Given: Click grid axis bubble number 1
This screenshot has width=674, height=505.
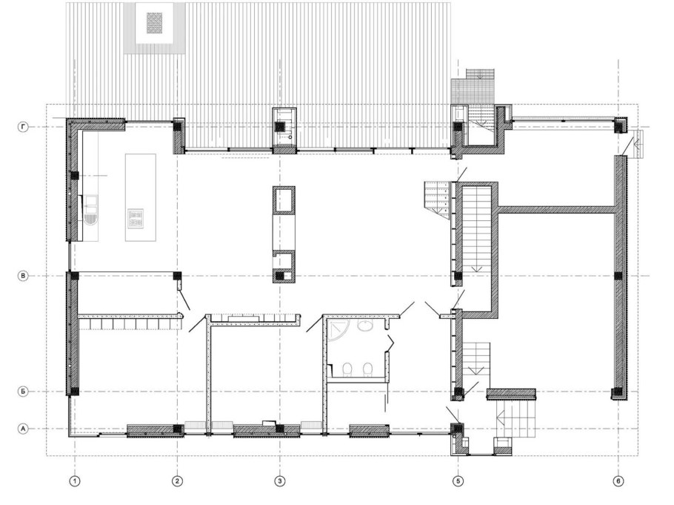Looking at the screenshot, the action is (75, 481).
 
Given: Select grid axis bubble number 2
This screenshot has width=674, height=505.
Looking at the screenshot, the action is (177, 481).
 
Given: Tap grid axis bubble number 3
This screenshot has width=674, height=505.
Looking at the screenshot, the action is (280, 481).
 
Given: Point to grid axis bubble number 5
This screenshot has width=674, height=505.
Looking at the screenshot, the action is (458, 481).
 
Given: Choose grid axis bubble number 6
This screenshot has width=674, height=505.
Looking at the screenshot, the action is (618, 481).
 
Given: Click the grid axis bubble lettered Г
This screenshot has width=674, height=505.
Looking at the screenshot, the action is (23, 127).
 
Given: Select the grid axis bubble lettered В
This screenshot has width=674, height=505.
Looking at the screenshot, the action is (23, 276).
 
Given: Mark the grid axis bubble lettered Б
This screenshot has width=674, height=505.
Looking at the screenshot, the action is (23, 392).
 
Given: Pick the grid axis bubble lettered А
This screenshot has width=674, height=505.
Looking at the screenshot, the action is (23, 429).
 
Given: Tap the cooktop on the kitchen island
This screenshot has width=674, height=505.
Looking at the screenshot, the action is (136, 217).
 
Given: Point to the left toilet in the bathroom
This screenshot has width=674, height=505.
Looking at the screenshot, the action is (347, 370).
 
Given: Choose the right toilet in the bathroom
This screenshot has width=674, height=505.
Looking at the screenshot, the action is (367, 370).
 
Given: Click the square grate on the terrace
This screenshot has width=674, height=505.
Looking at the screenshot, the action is (154, 23).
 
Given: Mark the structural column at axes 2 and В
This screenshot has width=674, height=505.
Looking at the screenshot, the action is (177, 276).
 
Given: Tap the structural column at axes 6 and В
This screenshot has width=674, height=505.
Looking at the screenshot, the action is (618, 276).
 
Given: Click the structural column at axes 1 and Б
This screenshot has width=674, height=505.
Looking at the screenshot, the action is (75, 392).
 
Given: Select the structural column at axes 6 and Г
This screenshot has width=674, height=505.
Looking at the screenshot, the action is (618, 125).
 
